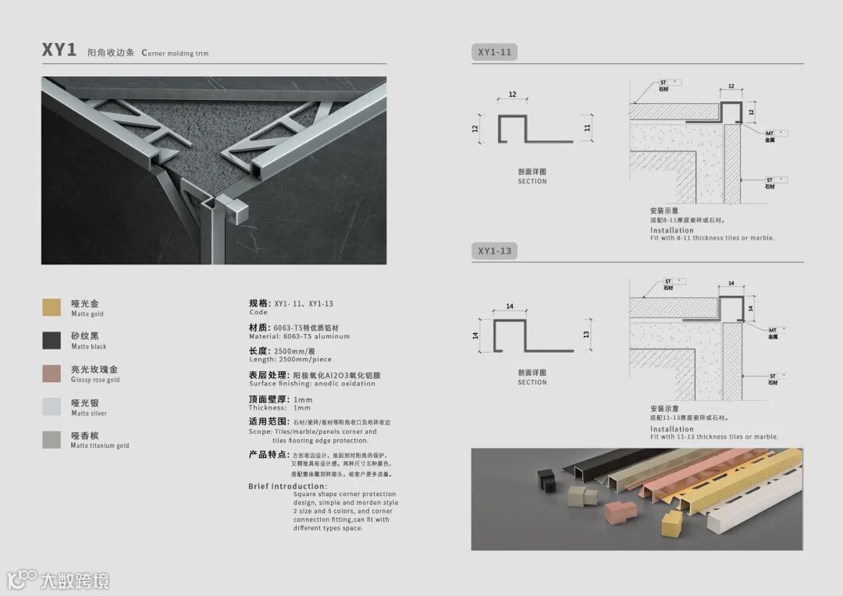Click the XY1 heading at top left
(59, 51)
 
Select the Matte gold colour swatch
(52, 307)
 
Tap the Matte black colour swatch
(52, 340)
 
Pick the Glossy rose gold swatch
(52, 374)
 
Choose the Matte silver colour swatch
(52, 406)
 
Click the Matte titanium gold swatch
(52, 440)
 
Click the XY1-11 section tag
(494, 53)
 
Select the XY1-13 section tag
(494, 251)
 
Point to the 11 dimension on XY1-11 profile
(587, 127)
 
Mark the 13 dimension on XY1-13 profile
(587, 334)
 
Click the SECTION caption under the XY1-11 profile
(532, 182)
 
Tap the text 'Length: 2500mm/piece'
(290, 360)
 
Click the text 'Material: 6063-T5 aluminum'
(299, 337)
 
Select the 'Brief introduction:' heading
(287, 487)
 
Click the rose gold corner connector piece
(621, 512)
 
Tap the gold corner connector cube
(671, 523)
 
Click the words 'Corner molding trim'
(175, 53)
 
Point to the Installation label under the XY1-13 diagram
(671, 429)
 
